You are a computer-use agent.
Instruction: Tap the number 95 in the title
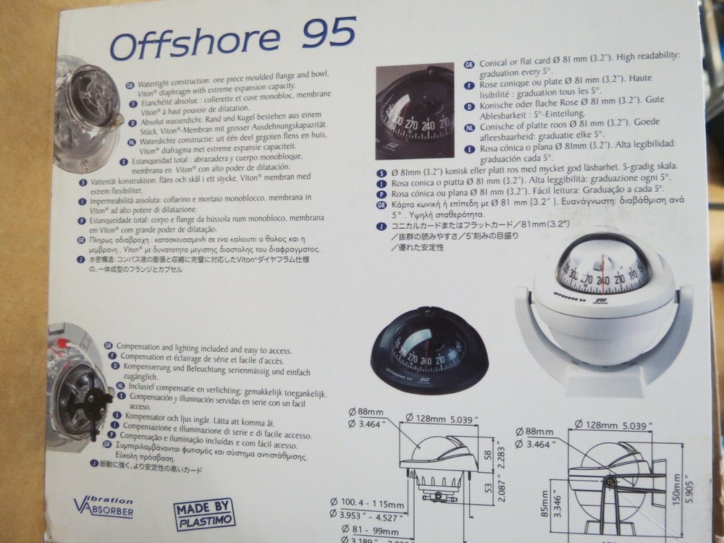coord(327,33)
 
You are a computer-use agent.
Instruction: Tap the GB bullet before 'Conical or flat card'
coord(468,64)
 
